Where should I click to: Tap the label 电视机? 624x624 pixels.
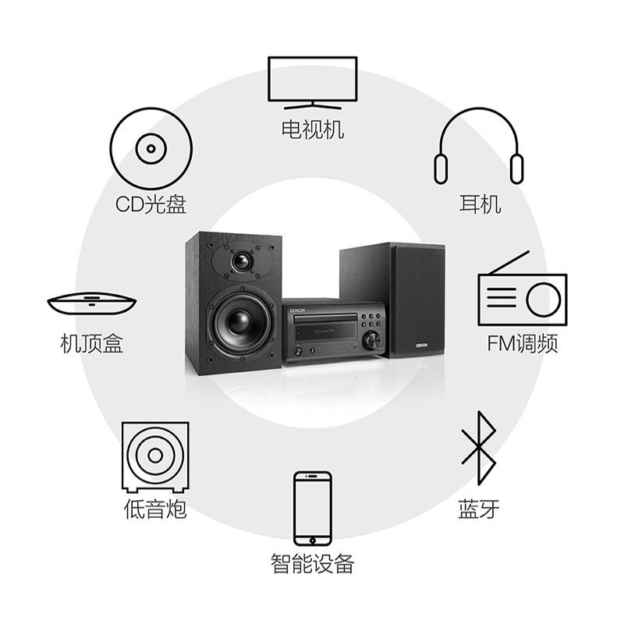[312, 129]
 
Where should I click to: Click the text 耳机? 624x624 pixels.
[479, 205]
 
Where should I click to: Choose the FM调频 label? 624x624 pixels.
[523, 344]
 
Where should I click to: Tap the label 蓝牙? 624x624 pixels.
[478, 510]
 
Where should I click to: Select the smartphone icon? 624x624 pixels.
[312, 508]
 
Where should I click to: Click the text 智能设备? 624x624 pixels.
[312, 562]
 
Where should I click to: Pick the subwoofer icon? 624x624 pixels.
[154, 456]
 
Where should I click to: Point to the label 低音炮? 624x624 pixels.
[155, 510]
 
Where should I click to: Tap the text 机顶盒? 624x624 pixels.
[92, 343]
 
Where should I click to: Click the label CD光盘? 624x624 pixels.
[151, 204]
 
